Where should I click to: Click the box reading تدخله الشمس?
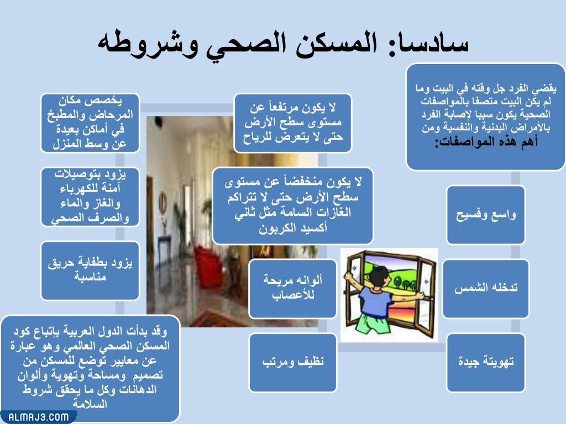pos(485,288)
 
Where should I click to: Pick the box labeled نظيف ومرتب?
pos(292,362)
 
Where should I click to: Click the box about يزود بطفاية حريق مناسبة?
pos(90,270)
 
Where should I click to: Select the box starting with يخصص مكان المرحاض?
pos(90,123)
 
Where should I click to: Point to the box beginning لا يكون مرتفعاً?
pos(292,123)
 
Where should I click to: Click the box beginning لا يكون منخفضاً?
pos(292,205)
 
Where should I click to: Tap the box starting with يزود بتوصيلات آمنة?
pos(90,197)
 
